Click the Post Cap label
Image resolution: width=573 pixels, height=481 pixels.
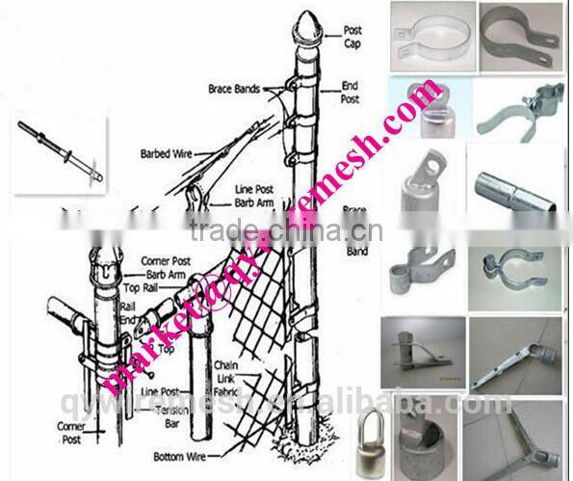click(x=353, y=36)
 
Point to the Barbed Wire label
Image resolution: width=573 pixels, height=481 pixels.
click(x=169, y=152)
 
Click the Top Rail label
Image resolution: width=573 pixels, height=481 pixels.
click(x=144, y=286)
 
